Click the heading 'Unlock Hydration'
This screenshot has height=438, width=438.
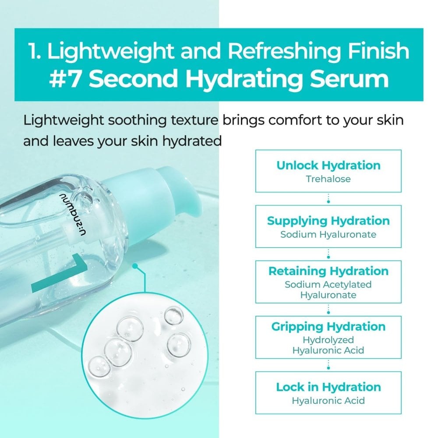tap(328, 166)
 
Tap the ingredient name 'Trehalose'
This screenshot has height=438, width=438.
tap(328, 179)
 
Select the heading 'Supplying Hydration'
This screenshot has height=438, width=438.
tap(328, 221)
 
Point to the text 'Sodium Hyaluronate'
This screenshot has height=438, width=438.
tap(328, 234)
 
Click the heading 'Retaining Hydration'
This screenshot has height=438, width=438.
tap(328, 271)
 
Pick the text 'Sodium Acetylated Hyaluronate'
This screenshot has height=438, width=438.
tap(328, 290)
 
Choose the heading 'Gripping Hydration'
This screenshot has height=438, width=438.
tap(328, 326)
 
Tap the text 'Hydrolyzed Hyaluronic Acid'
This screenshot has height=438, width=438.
tap(328, 345)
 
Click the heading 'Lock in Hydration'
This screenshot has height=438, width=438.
tap(328, 387)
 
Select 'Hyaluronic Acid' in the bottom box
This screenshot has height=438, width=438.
tap(328, 400)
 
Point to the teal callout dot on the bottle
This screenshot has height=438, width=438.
tap(135, 266)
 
